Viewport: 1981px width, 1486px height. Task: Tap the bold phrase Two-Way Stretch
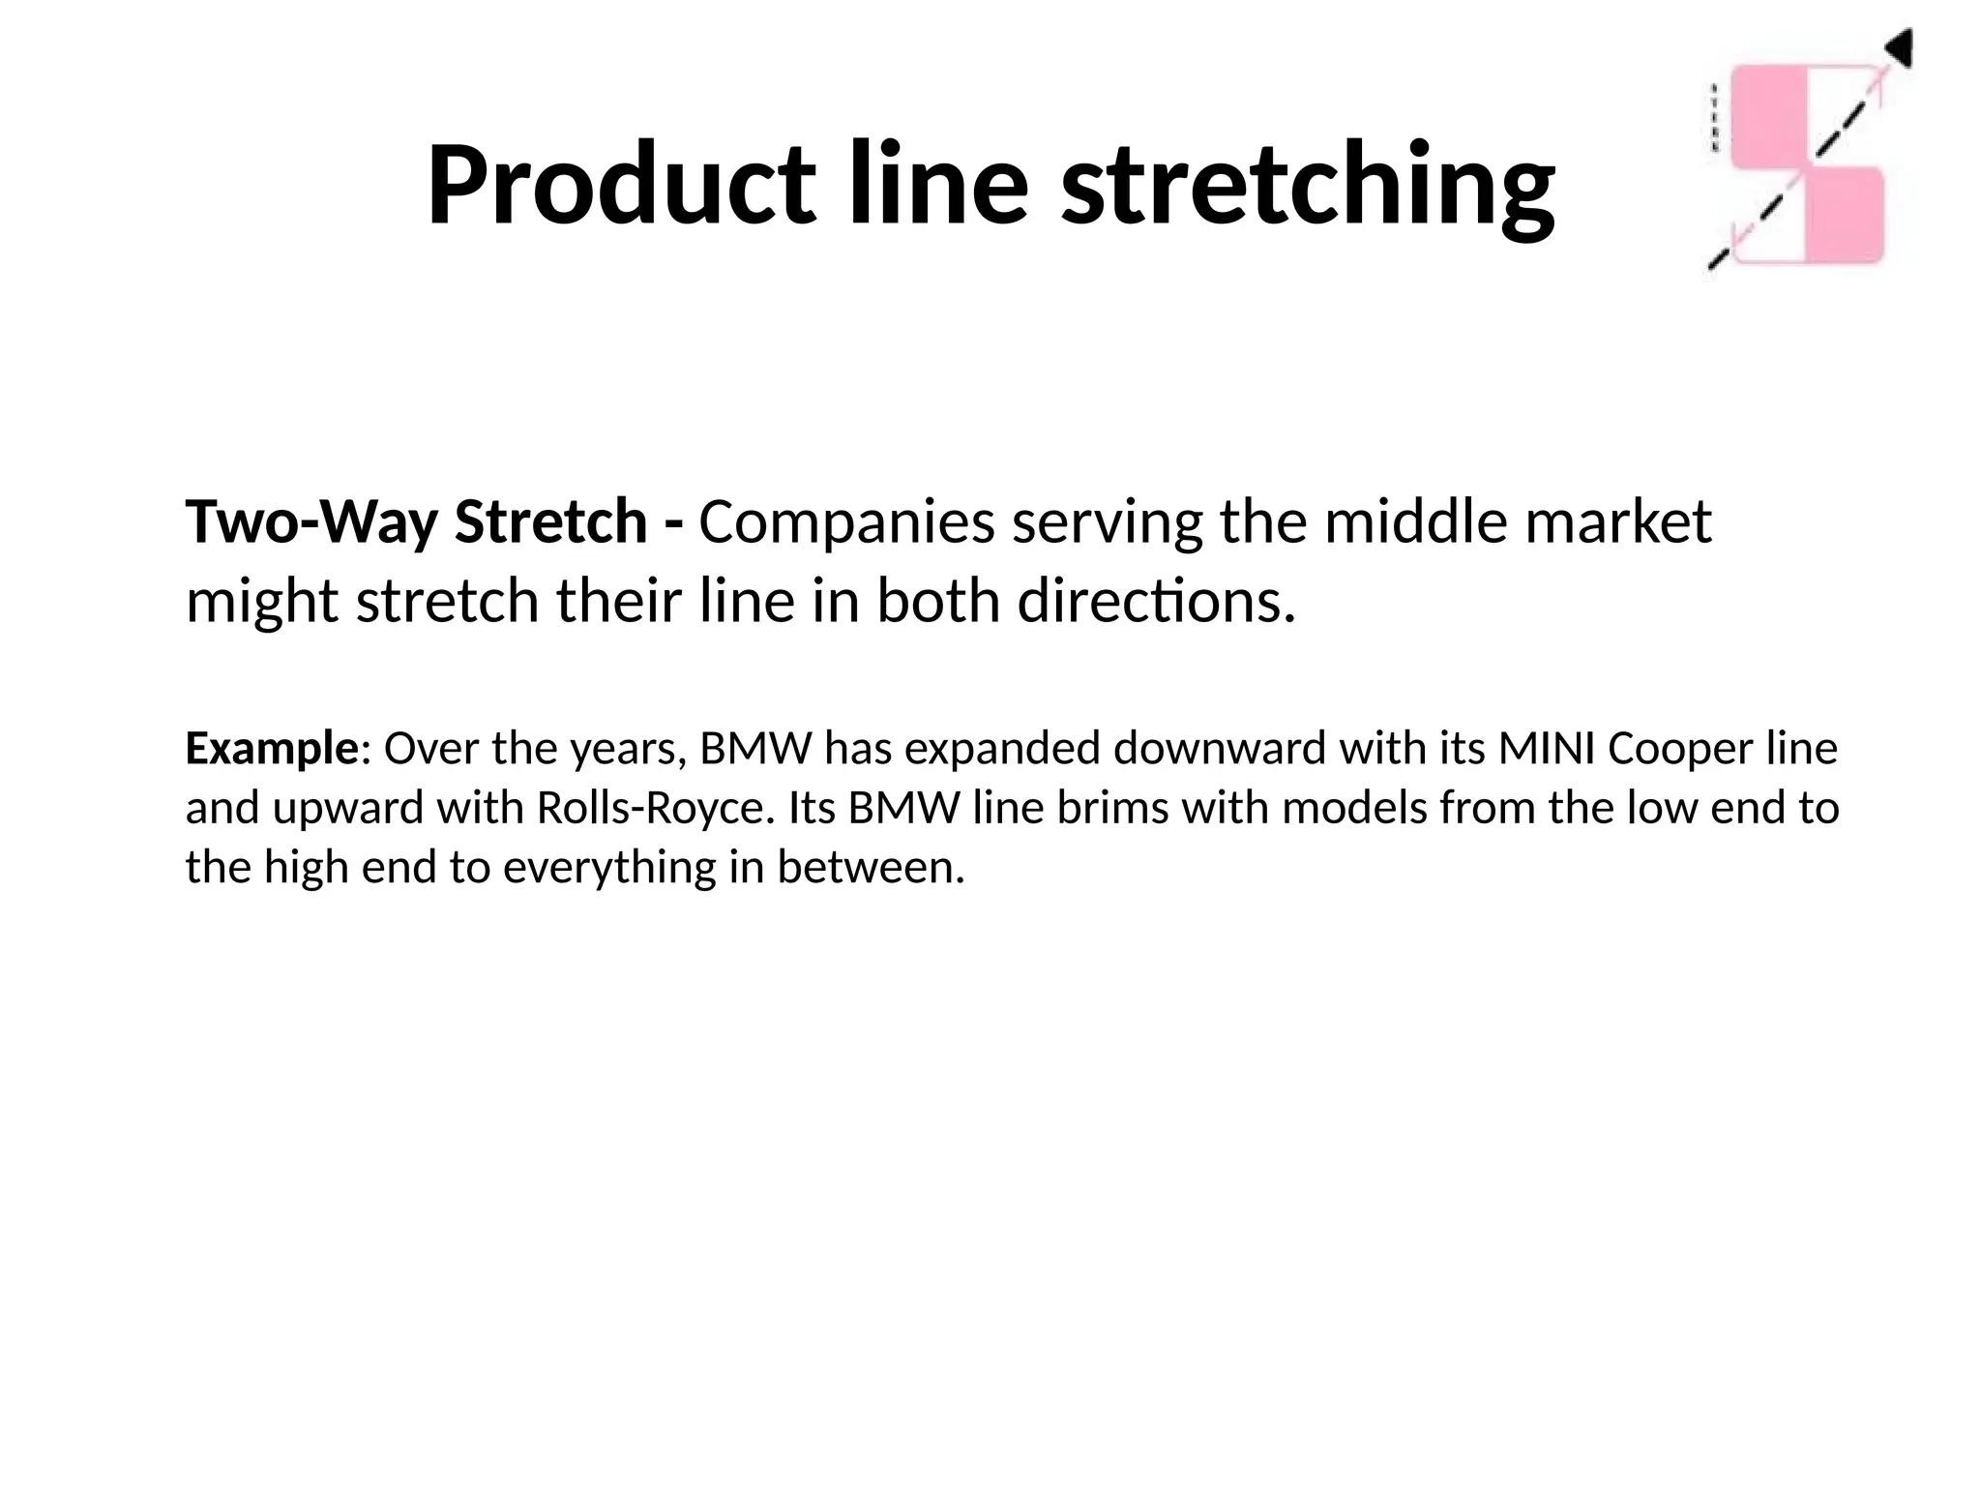click(x=416, y=522)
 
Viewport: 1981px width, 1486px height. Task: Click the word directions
click(x=1156, y=602)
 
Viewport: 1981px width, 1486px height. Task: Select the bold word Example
click(x=272, y=749)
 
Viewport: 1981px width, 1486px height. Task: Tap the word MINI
click(x=1547, y=749)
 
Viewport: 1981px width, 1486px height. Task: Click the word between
click(x=871, y=867)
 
